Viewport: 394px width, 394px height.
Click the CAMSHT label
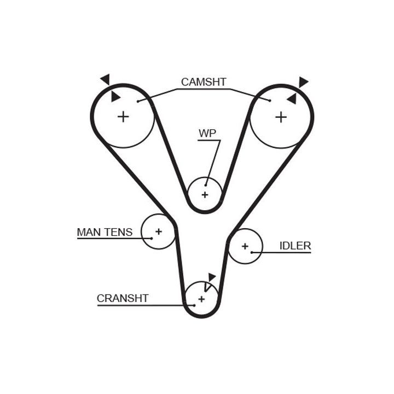click(x=204, y=82)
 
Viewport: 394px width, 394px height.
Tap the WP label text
click(x=207, y=133)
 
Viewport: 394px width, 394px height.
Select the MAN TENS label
click(x=105, y=232)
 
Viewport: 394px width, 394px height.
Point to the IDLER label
click(x=295, y=246)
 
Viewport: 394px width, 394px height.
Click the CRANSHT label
click(x=123, y=298)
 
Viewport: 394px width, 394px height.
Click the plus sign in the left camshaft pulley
click(x=123, y=116)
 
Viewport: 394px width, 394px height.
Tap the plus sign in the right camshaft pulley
click(x=281, y=117)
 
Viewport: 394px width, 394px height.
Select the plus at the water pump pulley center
click(x=205, y=195)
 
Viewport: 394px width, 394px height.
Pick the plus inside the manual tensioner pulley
click(x=158, y=231)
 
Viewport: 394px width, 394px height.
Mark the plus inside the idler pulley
click(x=245, y=246)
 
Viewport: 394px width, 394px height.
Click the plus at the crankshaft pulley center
click(x=201, y=299)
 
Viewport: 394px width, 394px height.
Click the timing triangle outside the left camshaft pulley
click(x=105, y=79)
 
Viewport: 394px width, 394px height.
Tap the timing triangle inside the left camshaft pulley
click(x=115, y=97)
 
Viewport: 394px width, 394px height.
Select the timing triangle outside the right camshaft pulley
click(x=303, y=82)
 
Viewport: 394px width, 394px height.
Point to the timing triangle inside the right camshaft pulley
click(x=292, y=99)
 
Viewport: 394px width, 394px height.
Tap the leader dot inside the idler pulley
click(x=252, y=252)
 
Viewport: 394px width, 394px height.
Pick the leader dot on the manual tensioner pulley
click(x=151, y=237)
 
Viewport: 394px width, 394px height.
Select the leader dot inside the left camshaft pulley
click(x=138, y=101)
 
